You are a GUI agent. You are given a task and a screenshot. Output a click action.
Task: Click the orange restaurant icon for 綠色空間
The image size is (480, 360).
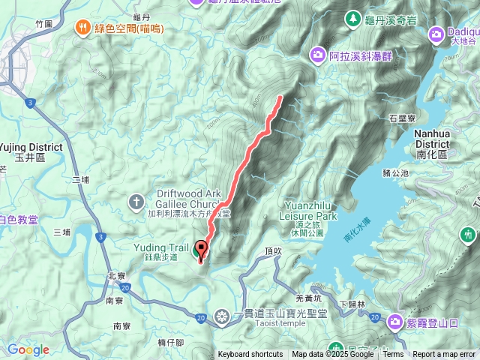[81, 29]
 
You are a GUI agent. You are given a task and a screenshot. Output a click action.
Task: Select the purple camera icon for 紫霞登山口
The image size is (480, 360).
[394, 322]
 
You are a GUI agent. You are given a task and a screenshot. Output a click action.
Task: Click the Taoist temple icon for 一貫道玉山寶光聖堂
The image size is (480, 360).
[221, 316]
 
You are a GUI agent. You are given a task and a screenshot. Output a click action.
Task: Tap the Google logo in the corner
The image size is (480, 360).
[28, 349]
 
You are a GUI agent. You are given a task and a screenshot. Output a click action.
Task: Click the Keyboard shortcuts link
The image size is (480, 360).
[250, 355]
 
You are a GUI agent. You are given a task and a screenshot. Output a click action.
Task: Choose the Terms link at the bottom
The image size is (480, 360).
[392, 355]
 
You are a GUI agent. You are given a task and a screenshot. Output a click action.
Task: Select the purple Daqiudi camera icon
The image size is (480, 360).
[436, 34]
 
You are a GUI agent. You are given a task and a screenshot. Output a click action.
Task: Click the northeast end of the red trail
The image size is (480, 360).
[281, 97]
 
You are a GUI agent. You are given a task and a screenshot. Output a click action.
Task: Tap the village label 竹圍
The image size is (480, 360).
[44, 24]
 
